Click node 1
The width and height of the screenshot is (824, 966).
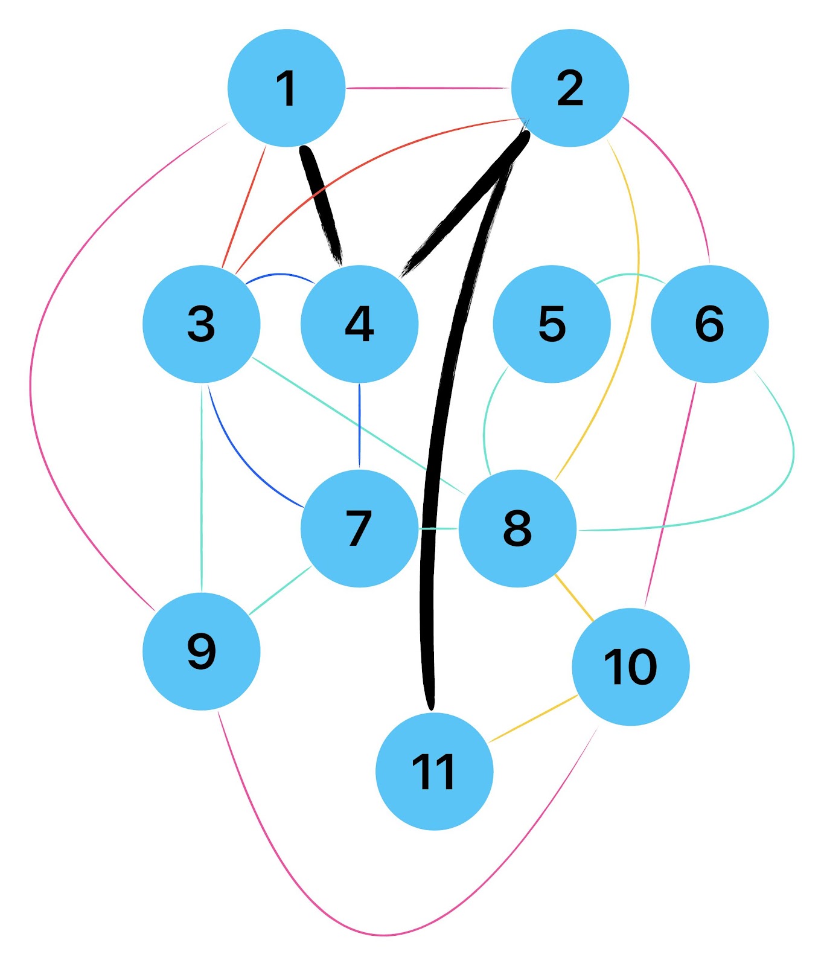(x=286, y=88)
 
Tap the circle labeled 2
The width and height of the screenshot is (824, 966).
(x=570, y=88)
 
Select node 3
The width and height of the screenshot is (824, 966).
(x=202, y=324)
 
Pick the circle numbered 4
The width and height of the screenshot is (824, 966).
(x=359, y=324)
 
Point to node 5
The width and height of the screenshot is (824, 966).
(x=552, y=324)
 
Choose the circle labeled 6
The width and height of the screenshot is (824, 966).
(x=709, y=324)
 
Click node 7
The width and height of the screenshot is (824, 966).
(x=359, y=528)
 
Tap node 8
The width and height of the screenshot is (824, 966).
(x=517, y=528)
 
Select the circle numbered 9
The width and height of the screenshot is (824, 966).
(x=202, y=651)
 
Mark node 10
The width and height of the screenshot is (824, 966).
(x=630, y=667)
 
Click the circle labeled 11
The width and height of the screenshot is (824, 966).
(x=434, y=772)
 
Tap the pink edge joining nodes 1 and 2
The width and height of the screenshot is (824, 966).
(x=429, y=88)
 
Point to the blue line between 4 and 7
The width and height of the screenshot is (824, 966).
(x=359, y=426)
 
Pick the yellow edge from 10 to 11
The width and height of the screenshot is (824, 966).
(x=534, y=718)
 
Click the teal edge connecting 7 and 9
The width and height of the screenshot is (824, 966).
(x=280, y=590)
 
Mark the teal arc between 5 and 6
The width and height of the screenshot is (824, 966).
(x=631, y=275)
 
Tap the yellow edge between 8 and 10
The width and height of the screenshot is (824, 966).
(x=573, y=597)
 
